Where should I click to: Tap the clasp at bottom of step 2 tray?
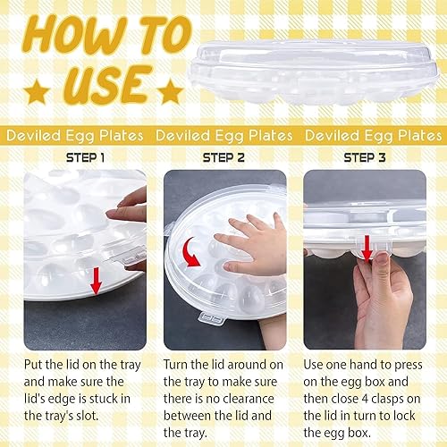(212, 318)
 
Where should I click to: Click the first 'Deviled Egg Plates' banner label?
(74, 136)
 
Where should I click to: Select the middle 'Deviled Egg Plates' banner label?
(223, 136)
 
